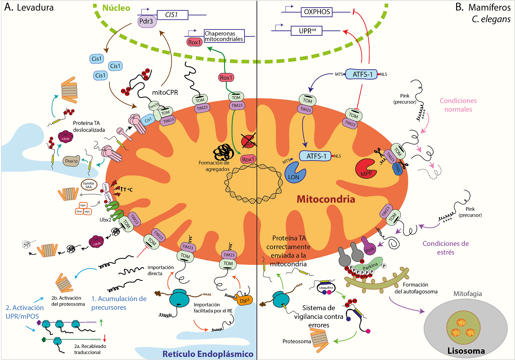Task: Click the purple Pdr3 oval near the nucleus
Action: tap(147, 21)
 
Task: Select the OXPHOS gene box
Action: tap(317, 12)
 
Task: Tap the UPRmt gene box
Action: tap(308, 30)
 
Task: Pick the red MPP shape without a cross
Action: tap(366, 168)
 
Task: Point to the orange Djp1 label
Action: tap(244, 300)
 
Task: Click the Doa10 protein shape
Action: tap(71, 161)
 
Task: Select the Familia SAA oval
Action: tap(89, 185)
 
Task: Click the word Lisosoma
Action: tap(466, 351)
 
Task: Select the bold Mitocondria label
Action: tap(326, 199)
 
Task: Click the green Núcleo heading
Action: tap(116, 8)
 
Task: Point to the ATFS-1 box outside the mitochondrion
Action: tap(362, 74)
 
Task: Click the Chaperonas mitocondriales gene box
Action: tap(224, 36)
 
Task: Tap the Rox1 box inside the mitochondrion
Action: tap(248, 159)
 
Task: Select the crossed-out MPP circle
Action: tap(248, 142)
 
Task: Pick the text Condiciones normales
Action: tap(458, 105)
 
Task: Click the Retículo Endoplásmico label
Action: tap(208, 354)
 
